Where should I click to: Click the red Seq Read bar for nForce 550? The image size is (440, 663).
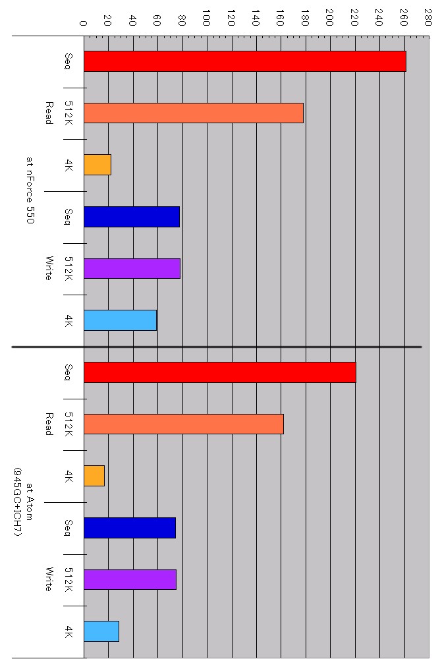click(x=244, y=61)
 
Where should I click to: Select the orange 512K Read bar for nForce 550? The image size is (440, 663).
click(x=193, y=113)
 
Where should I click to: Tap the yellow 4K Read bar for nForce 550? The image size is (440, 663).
click(x=97, y=165)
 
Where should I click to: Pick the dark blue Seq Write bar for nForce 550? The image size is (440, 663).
click(x=132, y=217)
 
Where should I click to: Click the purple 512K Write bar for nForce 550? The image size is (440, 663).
click(x=132, y=268)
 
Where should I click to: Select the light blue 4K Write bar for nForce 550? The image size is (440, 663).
click(x=120, y=320)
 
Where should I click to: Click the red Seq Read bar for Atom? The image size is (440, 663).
click(x=219, y=372)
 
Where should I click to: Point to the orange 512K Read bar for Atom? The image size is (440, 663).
click(x=183, y=424)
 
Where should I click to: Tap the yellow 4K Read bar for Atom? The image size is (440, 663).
click(x=94, y=476)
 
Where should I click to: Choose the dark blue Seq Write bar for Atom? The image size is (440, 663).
click(x=129, y=528)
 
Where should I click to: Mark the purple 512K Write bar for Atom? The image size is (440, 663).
click(x=130, y=579)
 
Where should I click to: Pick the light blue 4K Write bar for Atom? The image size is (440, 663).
click(x=101, y=631)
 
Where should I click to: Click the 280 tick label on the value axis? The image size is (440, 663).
click(x=429, y=16)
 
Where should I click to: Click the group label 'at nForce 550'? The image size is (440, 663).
click(x=30, y=190)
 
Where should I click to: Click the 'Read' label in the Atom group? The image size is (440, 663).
click(x=48, y=424)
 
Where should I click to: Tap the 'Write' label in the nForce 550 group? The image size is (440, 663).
click(x=48, y=268)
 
